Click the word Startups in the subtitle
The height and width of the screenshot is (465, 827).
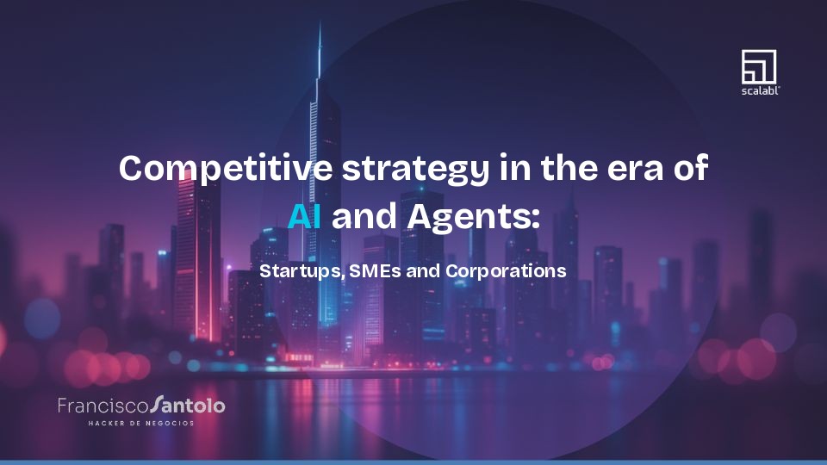tap(301, 271)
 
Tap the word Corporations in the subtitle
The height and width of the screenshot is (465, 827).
tap(506, 270)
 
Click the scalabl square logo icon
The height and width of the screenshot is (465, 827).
tap(759, 66)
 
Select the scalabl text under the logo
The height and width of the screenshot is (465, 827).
tap(759, 90)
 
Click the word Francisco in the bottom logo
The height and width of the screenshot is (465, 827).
tap(103, 405)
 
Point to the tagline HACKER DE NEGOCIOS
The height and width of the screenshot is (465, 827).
tap(141, 424)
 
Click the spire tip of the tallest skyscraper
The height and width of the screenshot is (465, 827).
tap(320, 24)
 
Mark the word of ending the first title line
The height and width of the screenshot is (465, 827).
tap(689, 168)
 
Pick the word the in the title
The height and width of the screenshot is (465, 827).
tap(571, 168)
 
